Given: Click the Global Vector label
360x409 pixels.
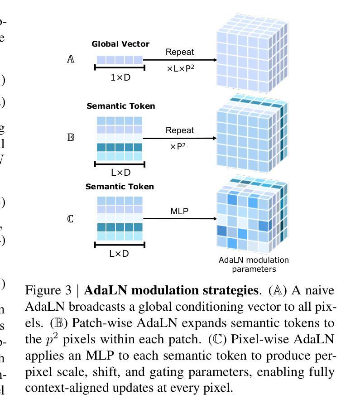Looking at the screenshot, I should (120, 44).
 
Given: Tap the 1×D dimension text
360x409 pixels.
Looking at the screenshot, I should (120, 77).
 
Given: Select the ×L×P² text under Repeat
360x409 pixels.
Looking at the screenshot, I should (181, 69).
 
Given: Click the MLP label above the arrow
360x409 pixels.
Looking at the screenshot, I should (179, 211).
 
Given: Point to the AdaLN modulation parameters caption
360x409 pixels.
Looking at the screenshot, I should (254, 265).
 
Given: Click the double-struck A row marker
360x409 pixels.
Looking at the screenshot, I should (71, 59).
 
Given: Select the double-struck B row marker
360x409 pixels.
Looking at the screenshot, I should (71, 137).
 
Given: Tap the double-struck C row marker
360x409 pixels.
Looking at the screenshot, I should (70, 219).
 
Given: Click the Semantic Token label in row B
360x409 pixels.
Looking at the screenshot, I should (120, 106).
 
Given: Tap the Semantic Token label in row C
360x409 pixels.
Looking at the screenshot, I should (120, 187).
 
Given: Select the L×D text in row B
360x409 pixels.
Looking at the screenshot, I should (120, 173).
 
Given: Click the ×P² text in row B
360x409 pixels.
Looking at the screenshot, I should (179, 147).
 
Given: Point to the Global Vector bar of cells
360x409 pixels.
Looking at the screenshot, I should (120, 59).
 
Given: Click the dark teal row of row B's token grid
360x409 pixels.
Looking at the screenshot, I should (120, 147).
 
